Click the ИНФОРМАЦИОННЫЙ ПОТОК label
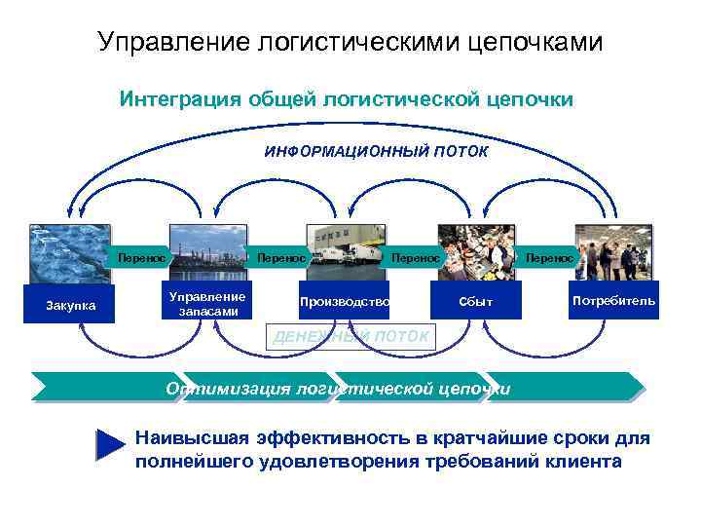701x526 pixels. pos(376,152)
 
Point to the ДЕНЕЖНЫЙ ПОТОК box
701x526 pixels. pos(351,336)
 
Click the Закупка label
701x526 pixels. pos(71,306)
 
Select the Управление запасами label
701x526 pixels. pos(206,303)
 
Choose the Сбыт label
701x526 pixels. pos(476,302)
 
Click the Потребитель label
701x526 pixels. pos(613,301)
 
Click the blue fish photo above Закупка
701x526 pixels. pos(70,253)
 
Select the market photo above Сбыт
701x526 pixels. pos(476,251)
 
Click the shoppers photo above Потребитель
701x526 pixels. pos(613,251)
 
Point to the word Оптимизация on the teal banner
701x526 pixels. pos(228,389)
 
